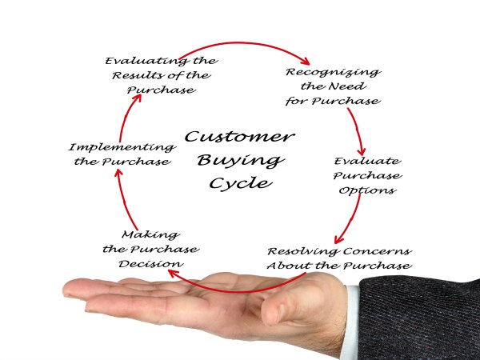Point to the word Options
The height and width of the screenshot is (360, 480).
366,190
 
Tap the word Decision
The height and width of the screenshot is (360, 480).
151,263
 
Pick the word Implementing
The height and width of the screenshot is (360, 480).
122,147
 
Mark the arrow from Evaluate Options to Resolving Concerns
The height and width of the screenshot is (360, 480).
350,220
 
